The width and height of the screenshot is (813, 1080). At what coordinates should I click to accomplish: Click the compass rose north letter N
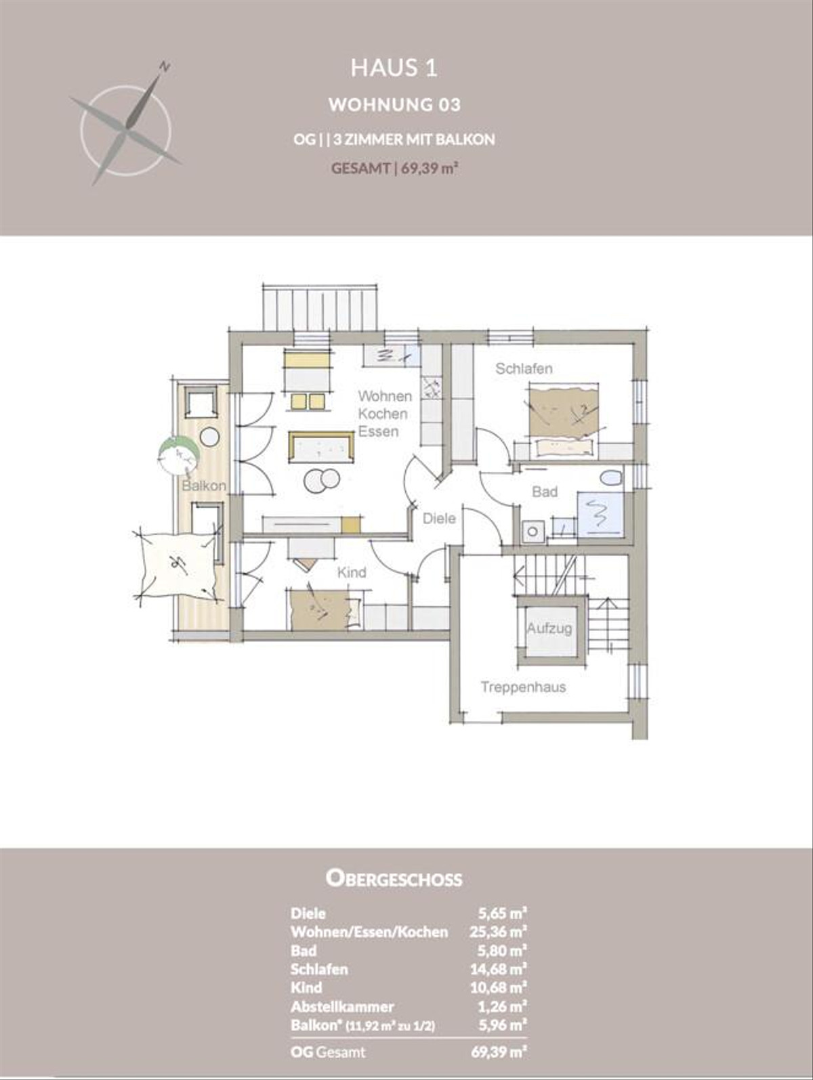(164, 66)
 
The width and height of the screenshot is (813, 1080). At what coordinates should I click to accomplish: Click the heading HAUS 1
(394, 68)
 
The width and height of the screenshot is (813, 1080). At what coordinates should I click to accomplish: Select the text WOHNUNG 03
(394, 104)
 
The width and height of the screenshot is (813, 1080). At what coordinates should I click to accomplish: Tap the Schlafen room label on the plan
(524, 369)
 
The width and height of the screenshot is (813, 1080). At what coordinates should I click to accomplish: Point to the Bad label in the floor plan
(545, 492)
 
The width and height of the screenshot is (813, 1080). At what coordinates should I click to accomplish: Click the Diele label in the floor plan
(439, 519)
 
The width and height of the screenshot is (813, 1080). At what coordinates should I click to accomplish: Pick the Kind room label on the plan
(352, 573)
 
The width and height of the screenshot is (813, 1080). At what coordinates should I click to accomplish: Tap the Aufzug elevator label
(549, 628)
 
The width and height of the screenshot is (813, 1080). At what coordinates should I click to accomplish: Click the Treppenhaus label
(523, 687)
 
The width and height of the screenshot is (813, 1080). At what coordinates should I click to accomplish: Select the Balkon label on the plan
(203, 485)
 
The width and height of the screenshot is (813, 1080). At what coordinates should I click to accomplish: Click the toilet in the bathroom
(611, 477)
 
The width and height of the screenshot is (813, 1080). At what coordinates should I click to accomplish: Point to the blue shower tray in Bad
(600, 515)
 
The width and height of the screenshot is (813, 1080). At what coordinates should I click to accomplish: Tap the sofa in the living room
(321, 447)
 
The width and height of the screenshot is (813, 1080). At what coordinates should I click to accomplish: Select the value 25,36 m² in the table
(499, 932)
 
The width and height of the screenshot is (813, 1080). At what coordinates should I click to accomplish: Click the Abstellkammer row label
(342, 1007)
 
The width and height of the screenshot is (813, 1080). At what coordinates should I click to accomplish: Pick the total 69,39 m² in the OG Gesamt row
(499, 1052)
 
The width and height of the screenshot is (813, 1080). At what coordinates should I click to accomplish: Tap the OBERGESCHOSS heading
(394, 879)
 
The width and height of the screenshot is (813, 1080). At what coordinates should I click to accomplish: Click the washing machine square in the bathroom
(533, 532)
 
